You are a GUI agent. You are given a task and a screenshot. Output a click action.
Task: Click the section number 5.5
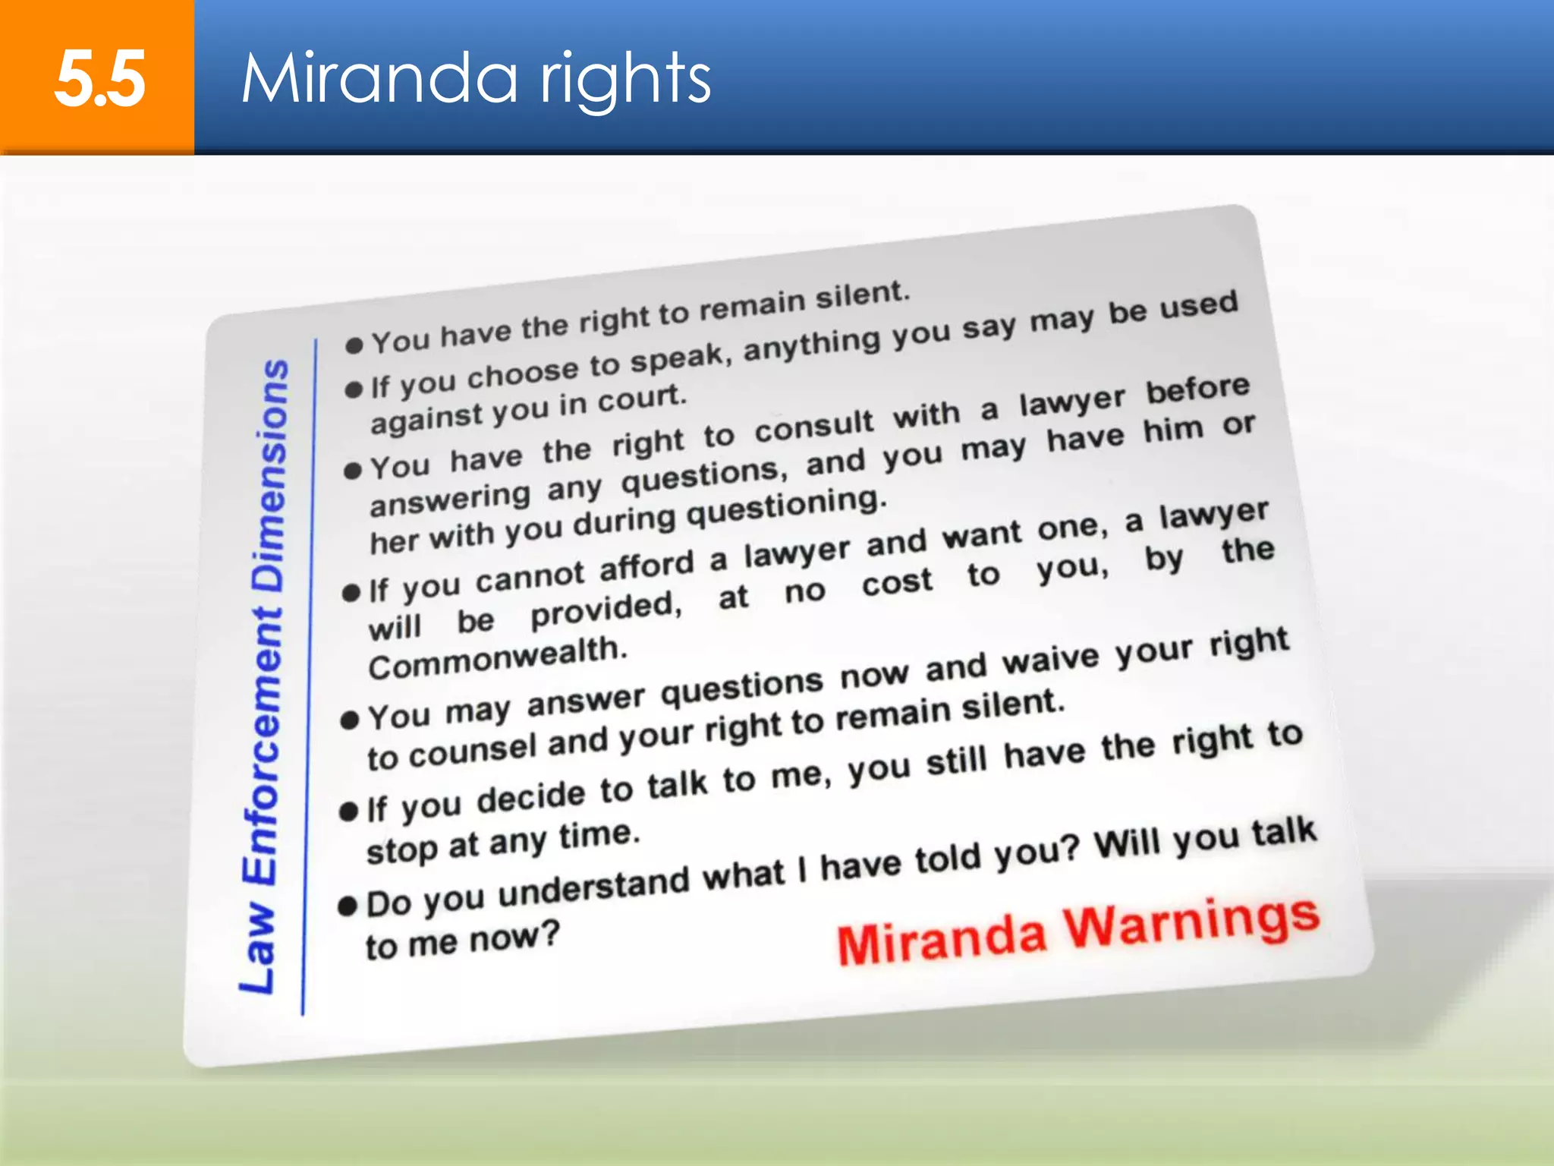pos(99,79)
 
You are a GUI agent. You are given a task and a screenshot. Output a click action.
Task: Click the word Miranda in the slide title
pos(379,79)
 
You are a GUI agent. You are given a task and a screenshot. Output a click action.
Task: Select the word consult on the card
pos(814,427)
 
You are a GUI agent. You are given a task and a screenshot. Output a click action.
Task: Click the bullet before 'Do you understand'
pos(348,905)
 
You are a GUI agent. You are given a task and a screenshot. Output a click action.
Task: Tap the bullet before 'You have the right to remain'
pos(354,345)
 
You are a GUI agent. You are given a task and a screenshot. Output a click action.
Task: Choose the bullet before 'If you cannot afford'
pos(351,592)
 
